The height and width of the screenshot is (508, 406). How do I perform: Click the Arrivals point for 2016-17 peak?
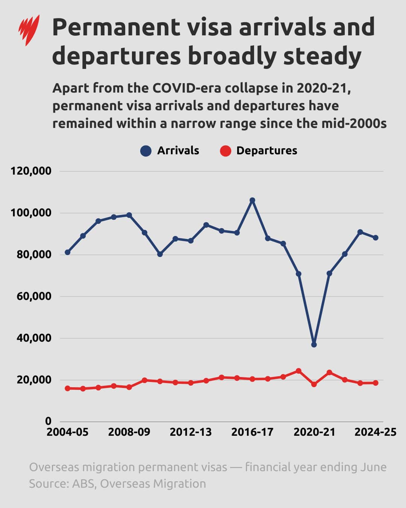(252, 200)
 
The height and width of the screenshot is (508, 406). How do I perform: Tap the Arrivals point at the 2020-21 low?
(314, 345)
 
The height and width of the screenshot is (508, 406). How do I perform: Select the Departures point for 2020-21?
(314, 384)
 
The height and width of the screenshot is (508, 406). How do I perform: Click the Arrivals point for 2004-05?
(68, 252)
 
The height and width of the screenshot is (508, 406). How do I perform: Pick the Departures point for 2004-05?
(68, 388)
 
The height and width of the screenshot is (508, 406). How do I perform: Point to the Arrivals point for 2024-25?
(376, 238)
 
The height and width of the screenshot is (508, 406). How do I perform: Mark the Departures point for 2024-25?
(376, 383)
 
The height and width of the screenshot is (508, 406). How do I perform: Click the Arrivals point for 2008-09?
(129, 215)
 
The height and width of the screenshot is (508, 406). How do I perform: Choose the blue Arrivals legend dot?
(146, 151)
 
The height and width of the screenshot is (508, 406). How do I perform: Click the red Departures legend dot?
(225, 151)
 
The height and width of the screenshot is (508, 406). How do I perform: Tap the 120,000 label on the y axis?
(31, 171)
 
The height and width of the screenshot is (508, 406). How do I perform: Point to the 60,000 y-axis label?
(31, 297)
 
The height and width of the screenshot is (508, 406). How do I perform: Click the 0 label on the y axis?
(48, 421)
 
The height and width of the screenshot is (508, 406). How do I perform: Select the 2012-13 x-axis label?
(191, 432)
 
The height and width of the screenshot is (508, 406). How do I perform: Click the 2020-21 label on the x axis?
(314, 432)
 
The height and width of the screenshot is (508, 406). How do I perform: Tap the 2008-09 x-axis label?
(129, 432)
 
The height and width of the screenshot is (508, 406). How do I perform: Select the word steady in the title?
(322, 56)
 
